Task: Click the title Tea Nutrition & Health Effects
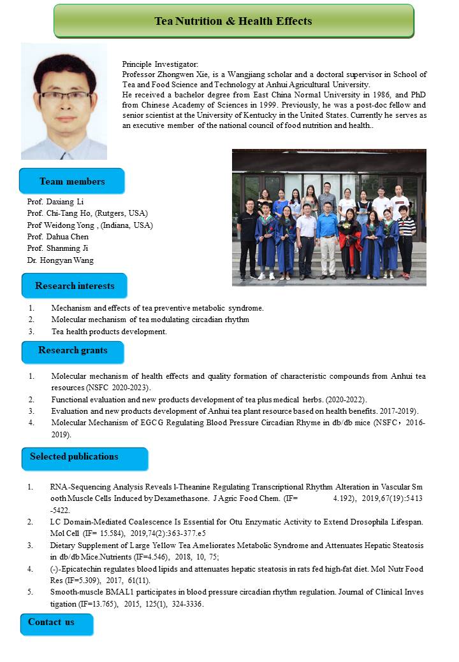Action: [x=233, y=21]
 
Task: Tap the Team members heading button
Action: [x=72, y=181]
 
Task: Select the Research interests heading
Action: [x=75, y=285]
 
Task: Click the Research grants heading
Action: [x=73, y=351]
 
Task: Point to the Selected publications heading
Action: [x=74, y=456]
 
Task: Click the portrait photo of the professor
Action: [x=64, y=101]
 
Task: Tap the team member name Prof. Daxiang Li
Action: [x=55, y=202]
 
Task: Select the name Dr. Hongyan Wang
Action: [x=60, y=259]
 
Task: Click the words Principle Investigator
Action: [x=160, y=64]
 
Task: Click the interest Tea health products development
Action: [x=109, y=332]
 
